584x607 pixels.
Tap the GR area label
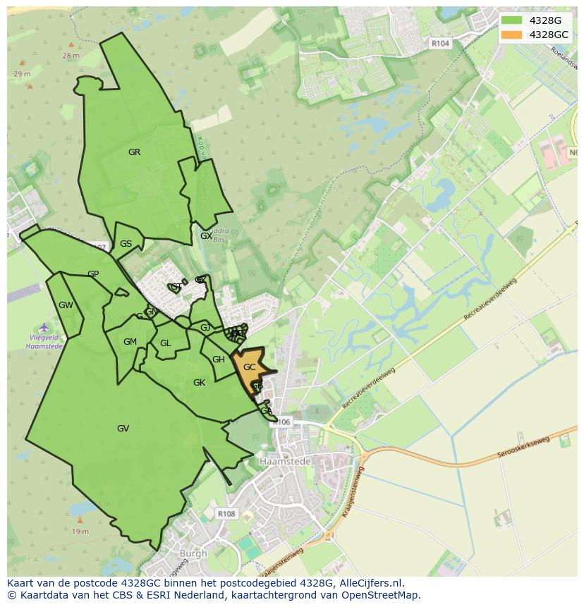point(134,152)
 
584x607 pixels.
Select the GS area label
point(126,244)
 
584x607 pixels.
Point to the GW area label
point(66,305)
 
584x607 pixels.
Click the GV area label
point(123,429)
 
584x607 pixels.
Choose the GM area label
point(130,342)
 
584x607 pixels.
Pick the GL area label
point(165,344)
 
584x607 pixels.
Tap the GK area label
point(199,383)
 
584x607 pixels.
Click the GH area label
point(218,360)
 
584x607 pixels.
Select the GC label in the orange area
point(249,367)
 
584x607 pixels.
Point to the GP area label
point(93,274)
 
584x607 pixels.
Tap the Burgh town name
point(193,553)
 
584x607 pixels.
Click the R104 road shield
point(440,44)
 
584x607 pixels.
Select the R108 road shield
point(226,514)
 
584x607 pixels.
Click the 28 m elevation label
point(71,55)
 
